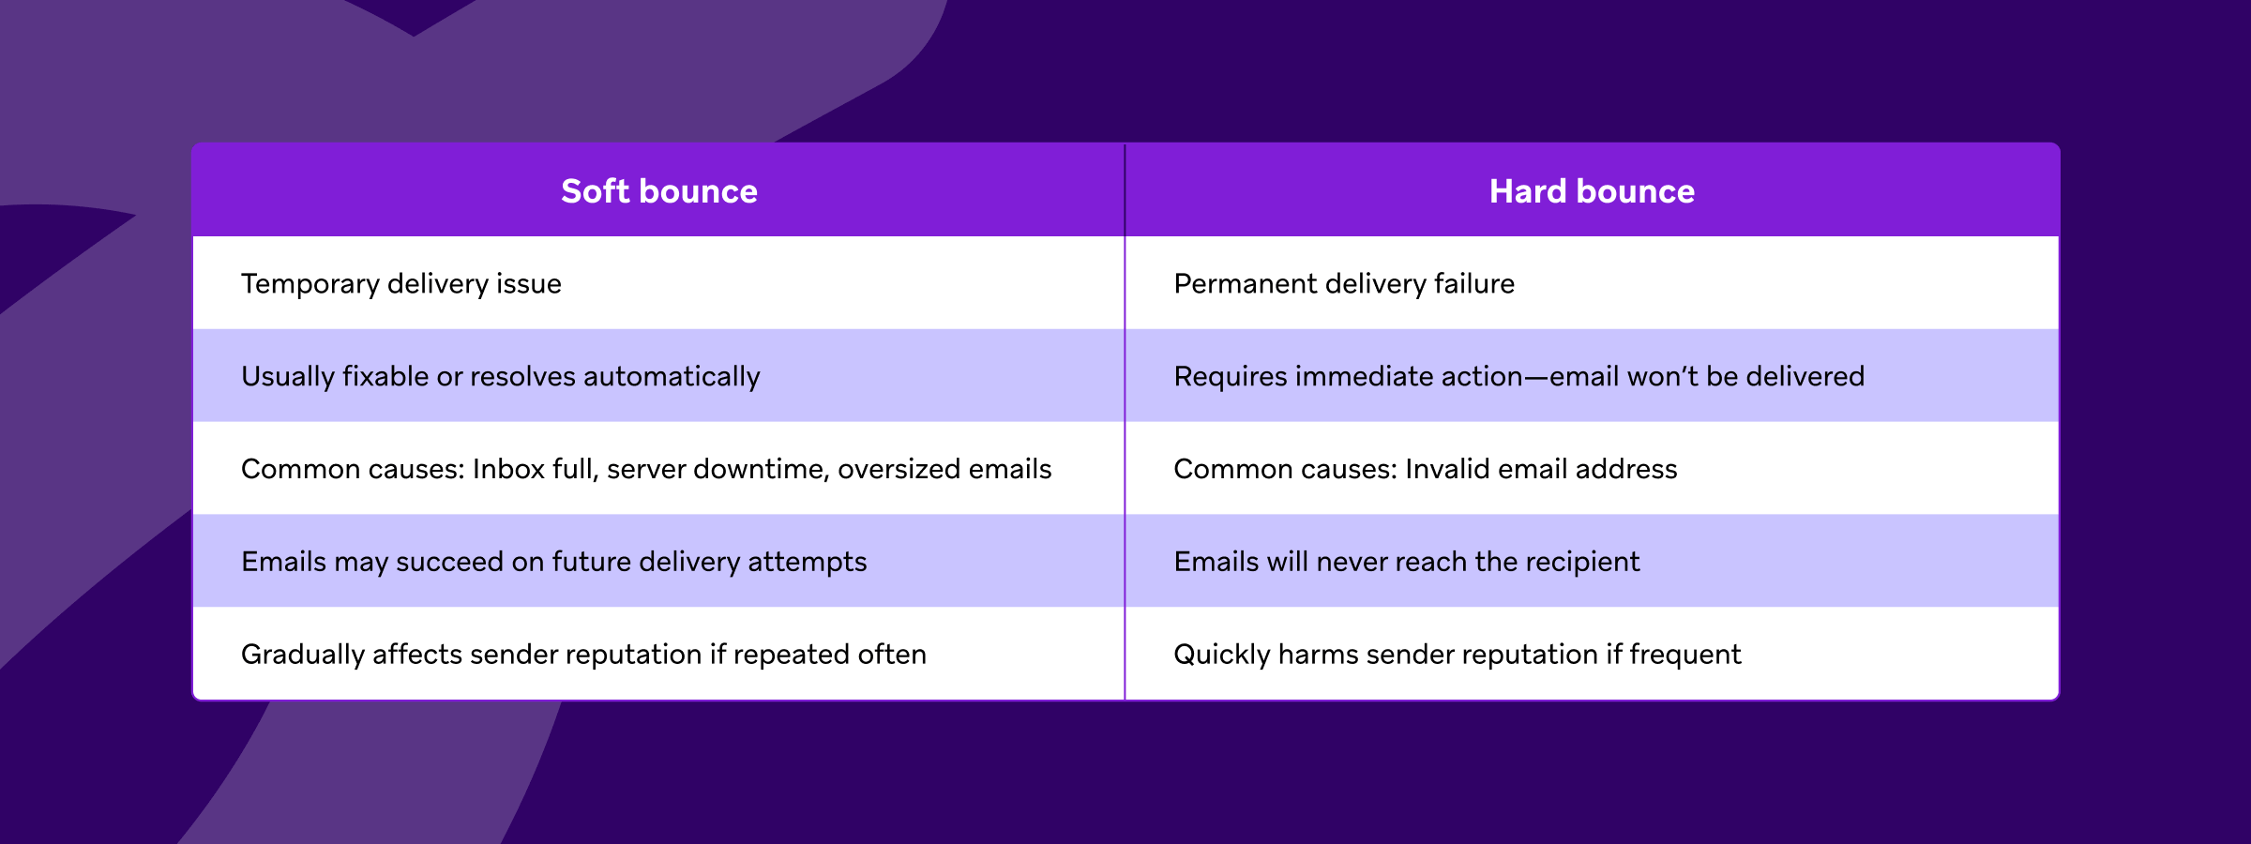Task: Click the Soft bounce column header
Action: [x=658, y=191]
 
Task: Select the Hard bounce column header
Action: [x=1592, y=191]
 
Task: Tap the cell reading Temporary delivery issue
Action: [x=401, y=283]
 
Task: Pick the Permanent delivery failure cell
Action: [x=1343, y=283]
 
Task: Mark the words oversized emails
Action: [x=944, y=469]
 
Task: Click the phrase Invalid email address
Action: [x=1541, y=469]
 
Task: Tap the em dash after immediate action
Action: [x=1535, y=376]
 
